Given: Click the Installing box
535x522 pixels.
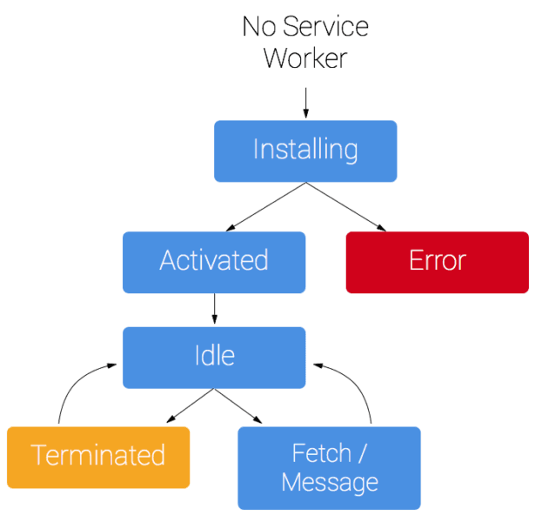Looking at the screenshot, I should click(305, 151).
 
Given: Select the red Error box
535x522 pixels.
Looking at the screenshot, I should click(437, 261).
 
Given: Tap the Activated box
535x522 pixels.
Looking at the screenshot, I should click(214, 261).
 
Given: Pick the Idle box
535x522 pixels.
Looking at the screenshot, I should click(214, 357).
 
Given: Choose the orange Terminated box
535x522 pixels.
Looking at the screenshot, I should click(97, 456).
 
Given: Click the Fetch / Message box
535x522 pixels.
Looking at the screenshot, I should click(329, 467).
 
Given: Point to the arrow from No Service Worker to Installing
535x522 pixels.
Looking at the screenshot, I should click(305, 96).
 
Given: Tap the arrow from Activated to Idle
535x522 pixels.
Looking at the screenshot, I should click(214, 309).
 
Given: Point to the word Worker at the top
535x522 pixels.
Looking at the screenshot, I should click(305, 58).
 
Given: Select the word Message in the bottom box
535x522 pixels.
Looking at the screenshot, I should click(330, 482).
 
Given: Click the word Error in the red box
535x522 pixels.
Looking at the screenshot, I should click(437, 261).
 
